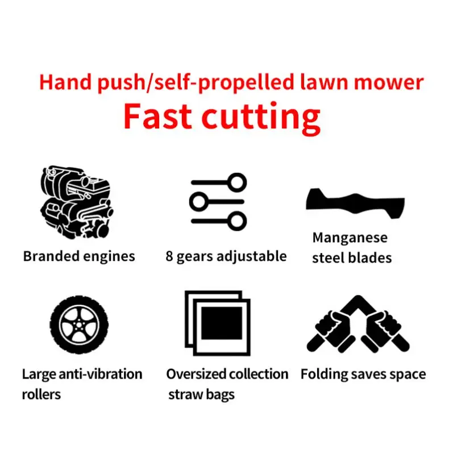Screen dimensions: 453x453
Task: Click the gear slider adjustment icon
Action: tap(219, 201)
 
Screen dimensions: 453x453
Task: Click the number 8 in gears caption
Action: tap(169, 256)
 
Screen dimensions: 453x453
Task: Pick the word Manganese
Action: tap(350, 238)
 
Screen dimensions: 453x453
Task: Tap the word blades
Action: tap(370, 257)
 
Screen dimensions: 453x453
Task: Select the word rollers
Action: tap(41, 394)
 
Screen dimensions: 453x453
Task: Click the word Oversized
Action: tap(196, 374)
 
